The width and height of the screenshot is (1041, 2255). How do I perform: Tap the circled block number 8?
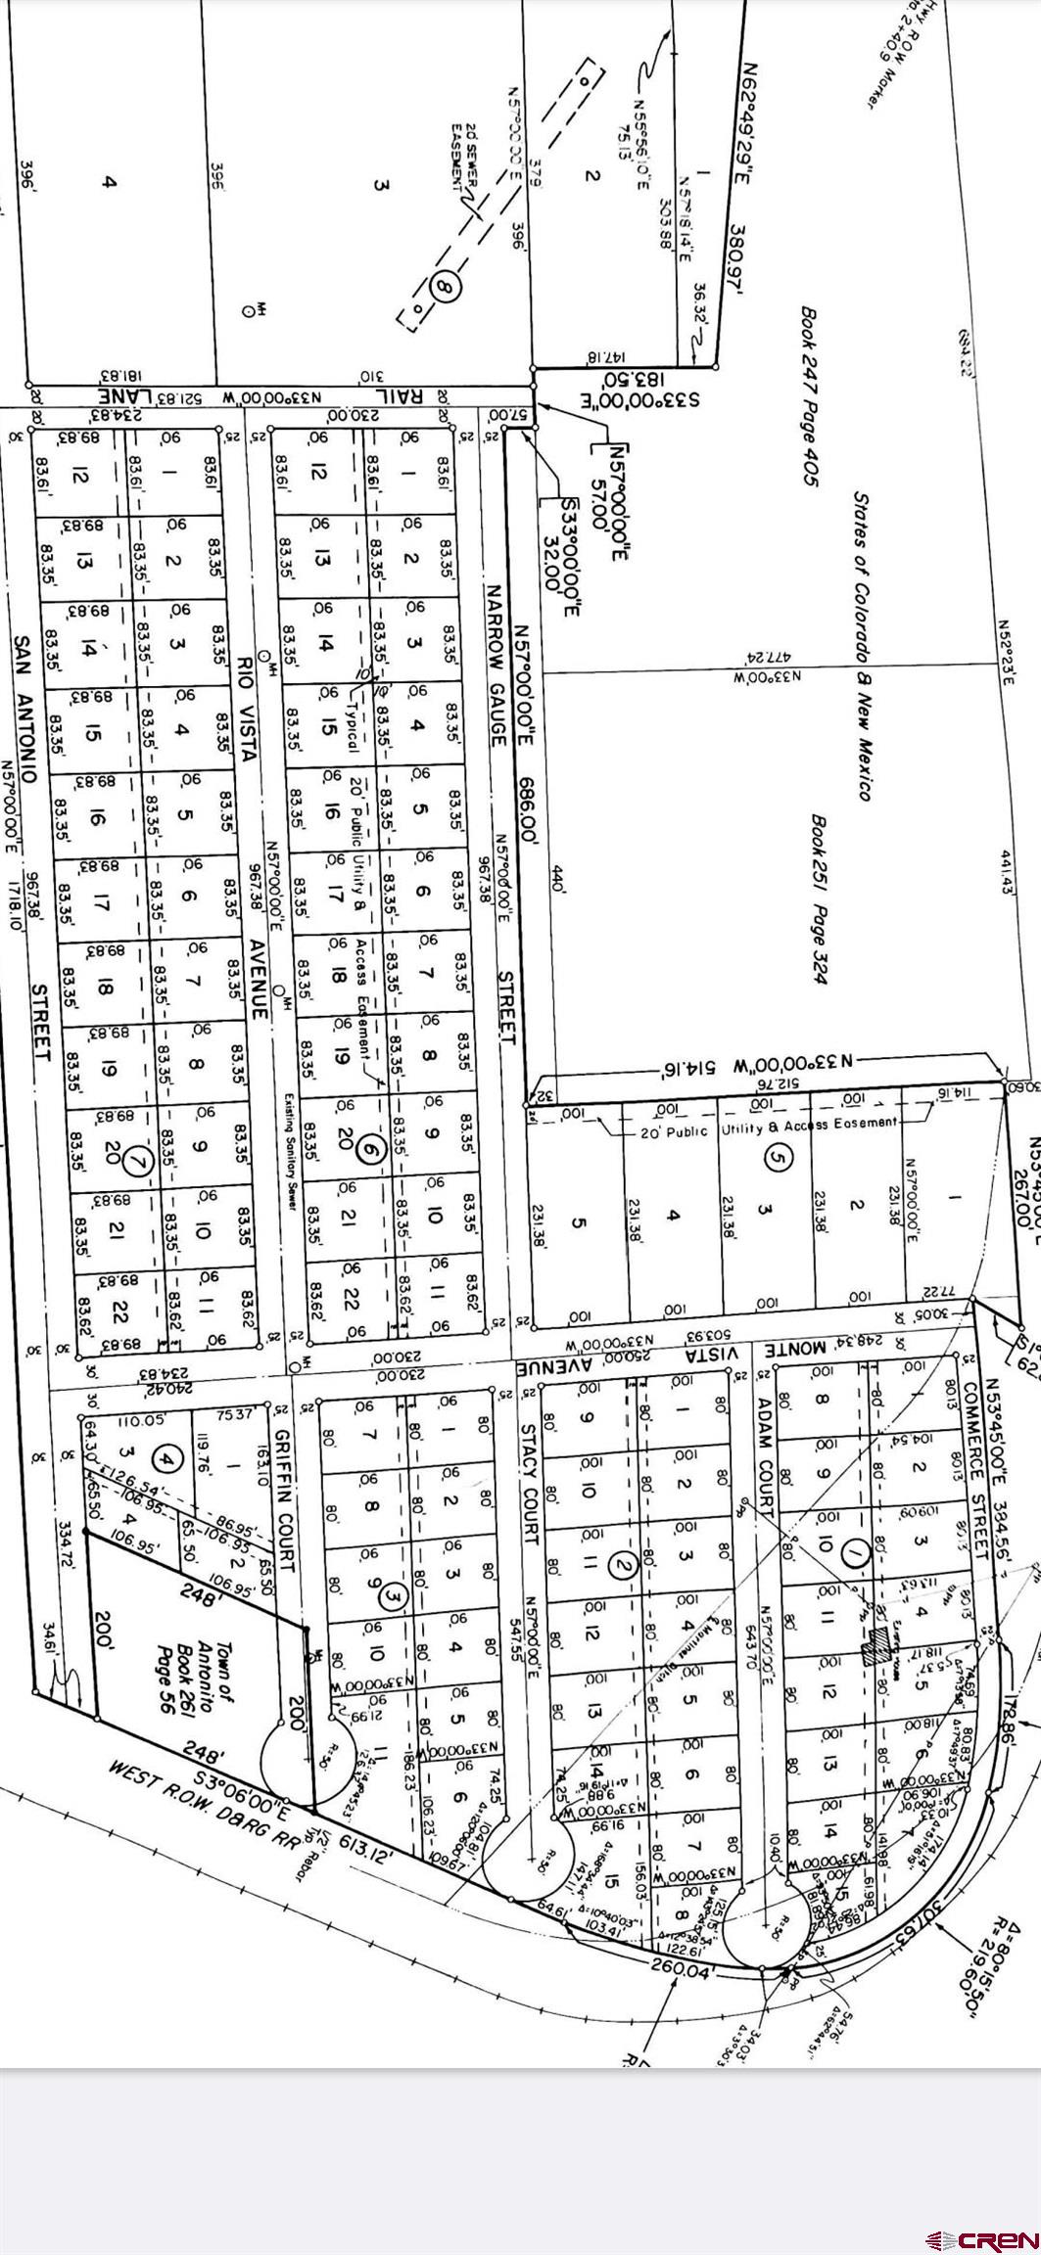tap(445, 289)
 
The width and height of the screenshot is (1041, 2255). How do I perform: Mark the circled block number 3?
tap(394, 1596)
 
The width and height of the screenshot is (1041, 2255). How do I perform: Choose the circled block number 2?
tap(623, 1565)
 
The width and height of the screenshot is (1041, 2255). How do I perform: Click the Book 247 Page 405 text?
tap(809, 397)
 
